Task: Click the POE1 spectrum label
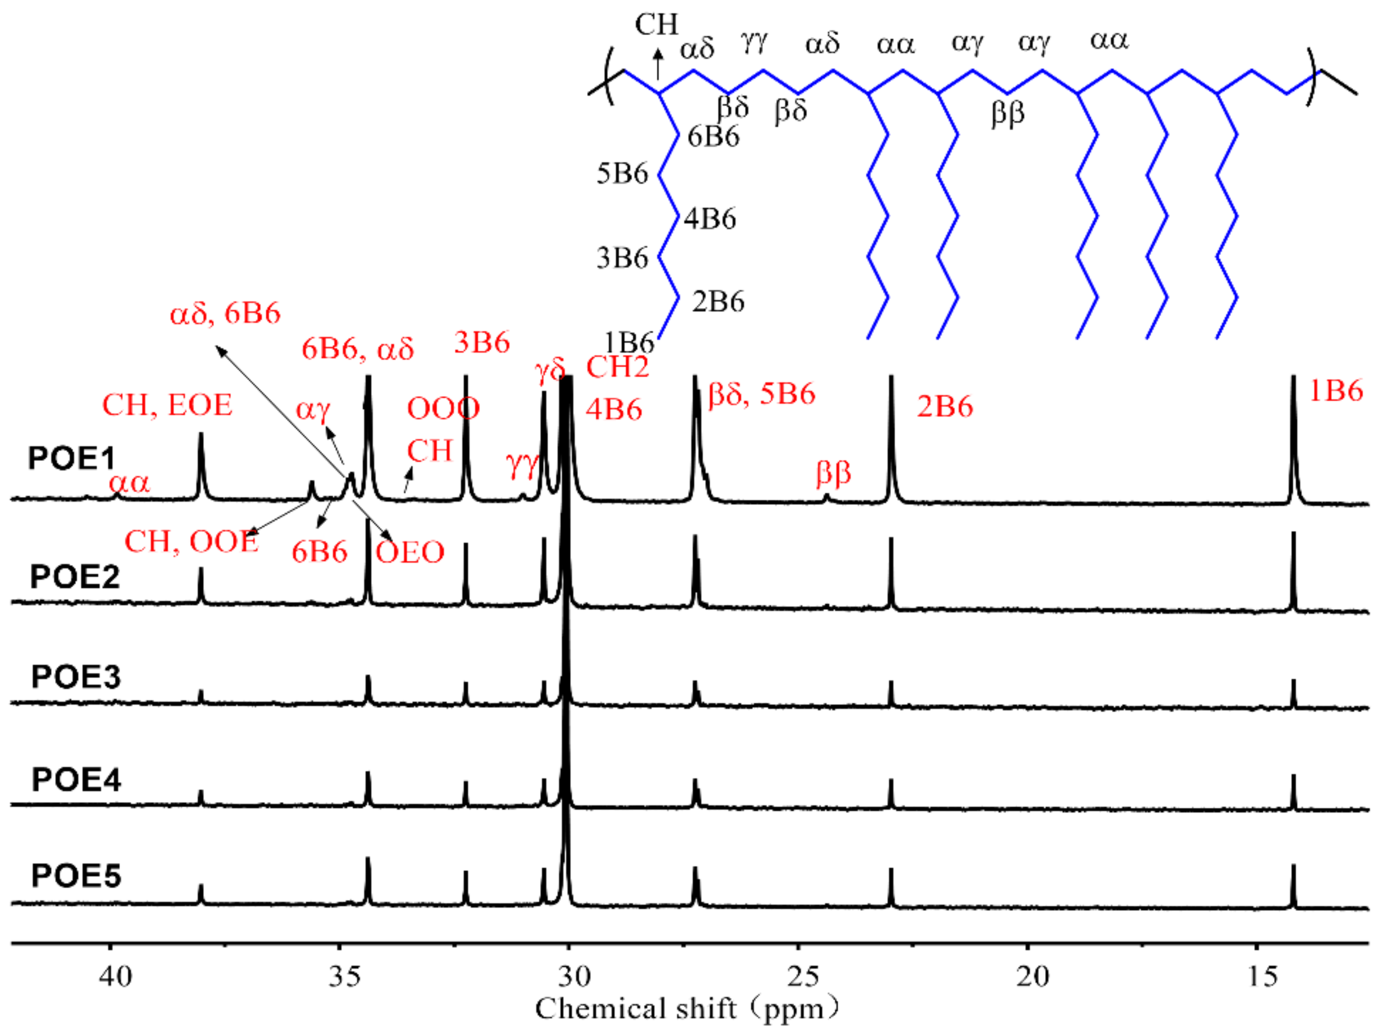click(72, 458)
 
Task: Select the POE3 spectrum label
click(75, 677)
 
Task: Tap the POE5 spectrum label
click(76, 875)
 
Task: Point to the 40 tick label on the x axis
click(115, 976)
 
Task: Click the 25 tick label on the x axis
click(803, 976)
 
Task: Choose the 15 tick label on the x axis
click(1262, 976)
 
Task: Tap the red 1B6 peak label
click(1336, 391)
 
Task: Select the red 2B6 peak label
click(945, 407)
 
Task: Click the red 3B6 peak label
click(482, 342)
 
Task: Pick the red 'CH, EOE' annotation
click(167, 406)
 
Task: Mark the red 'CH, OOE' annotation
click(191, 541)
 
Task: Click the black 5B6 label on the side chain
click(622, 173)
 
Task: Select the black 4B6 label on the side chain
click(710, 219)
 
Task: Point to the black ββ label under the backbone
click(1007, 114)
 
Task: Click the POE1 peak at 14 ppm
click(1294, 449)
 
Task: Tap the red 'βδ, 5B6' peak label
click(762, 394)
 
